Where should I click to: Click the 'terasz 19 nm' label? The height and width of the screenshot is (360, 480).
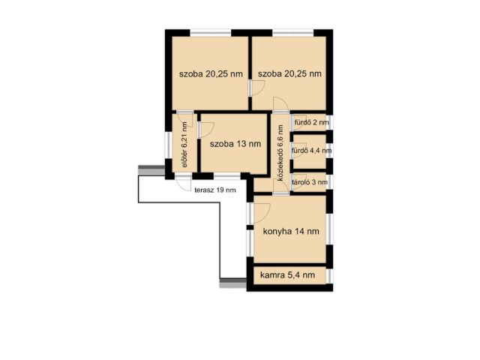coord(215,190)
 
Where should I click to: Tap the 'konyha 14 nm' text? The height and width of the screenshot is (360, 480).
coord(291,232)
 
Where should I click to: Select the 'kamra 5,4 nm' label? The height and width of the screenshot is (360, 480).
coord(287,275)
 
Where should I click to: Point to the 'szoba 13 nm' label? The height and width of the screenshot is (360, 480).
coord(235,144)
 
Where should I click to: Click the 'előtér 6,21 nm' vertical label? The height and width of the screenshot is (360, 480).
coord(184,145)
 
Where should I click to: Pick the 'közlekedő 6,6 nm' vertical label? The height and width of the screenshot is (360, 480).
coord(280,153)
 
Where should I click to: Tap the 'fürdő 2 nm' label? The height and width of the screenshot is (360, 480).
coord(312,123)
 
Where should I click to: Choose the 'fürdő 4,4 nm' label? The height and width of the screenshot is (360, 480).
coord(312,151)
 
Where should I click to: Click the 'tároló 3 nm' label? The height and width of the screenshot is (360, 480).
coord(310,182)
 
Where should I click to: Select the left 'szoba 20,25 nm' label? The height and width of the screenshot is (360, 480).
coord(211,73)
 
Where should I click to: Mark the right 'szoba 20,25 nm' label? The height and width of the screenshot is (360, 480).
coord(289,73)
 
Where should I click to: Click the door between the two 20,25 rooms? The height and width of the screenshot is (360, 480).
coord(256,88)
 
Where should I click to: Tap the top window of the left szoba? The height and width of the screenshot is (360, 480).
coord(211,32)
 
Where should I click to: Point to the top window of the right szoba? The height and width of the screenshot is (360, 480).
coord(293,32)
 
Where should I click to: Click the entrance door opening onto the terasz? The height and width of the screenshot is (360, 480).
coord(183,183)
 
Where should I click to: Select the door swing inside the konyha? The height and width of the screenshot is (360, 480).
coord(261,213)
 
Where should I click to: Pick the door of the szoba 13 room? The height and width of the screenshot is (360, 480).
coord(205,130)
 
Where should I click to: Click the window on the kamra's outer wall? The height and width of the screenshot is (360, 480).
coord(329,276)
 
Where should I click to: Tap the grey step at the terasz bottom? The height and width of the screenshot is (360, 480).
coord(233,283)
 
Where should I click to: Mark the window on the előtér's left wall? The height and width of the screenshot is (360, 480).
coord(168,145)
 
